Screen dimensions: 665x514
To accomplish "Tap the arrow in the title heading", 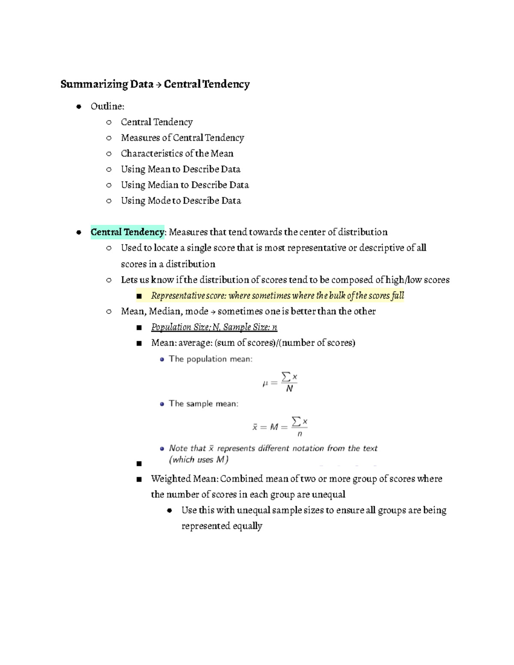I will [x=158, y=84].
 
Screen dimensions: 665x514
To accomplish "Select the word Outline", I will [x=107, y=106].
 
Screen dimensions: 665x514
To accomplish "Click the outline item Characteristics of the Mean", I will [x=177, y=153].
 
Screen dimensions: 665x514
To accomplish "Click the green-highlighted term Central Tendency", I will [x=127, y=232].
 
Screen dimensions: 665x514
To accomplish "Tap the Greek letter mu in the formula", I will [x=265, y=384].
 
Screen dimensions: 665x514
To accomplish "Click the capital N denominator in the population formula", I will [x=290, y=389].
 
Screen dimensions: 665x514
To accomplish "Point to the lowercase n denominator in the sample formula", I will [x=300, y=434].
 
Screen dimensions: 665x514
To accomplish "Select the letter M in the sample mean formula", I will [x=274, y=427].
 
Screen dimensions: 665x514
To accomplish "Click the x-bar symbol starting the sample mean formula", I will [x=255, y=427].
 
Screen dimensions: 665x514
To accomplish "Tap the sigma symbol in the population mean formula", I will [x=286, y=377].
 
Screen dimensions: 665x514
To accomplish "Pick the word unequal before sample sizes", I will [x=253, y=510].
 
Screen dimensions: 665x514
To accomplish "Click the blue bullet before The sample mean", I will [x=162, y=404].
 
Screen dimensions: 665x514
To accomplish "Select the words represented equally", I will [x=221, y=526].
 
